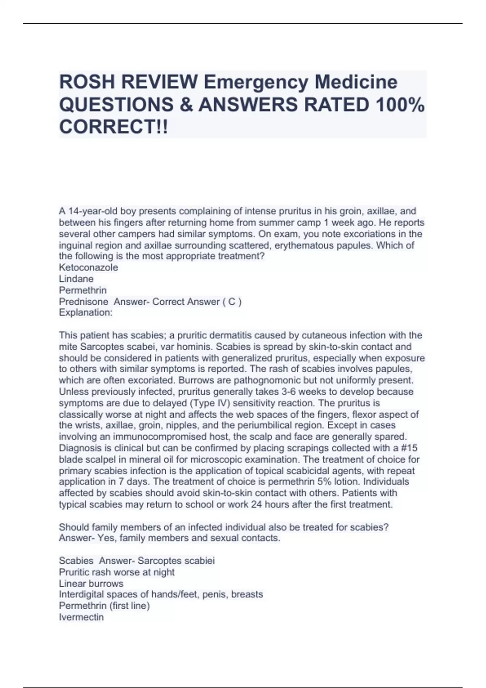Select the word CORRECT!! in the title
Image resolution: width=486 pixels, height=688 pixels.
[x=113, y=127]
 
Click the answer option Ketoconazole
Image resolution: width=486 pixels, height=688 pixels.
[x=88, y=268]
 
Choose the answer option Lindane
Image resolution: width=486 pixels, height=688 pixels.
[x=76, y=279]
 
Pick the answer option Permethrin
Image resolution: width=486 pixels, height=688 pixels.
[x=83, y=290]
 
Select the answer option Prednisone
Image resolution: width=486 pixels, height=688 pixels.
[x=83, y=302]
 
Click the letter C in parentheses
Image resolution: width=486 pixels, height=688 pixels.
[x=232, y=302]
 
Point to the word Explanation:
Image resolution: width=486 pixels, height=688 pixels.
[x=85, y=312]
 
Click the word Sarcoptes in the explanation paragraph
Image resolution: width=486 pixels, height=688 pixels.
[x=99, y=347]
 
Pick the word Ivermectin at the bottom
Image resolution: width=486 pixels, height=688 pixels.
[x=81, y=617]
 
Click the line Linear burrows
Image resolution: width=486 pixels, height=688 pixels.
[x=91, y=584]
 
